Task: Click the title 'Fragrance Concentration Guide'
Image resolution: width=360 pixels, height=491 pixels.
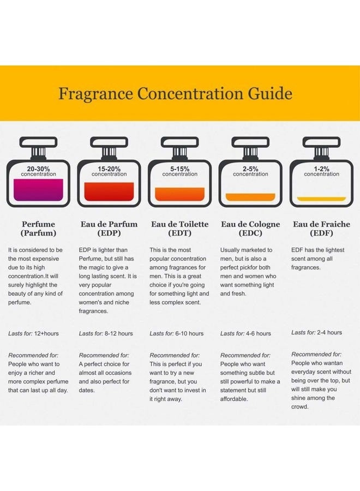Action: [175, 93]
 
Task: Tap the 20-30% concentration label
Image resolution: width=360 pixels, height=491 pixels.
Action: [38, 171]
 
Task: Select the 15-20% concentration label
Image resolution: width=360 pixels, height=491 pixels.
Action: [109, 171]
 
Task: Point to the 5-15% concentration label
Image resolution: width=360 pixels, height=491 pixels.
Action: [179, 171]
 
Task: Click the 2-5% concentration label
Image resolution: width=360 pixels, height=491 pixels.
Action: [250, 171]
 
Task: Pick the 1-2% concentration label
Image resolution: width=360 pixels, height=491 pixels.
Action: [321, 171]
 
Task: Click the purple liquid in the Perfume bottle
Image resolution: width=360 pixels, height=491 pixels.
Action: [38, 190]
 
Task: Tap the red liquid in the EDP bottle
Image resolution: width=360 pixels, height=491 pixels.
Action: [109, 191]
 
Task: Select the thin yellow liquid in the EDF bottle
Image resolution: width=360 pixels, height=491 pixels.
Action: [321, 199]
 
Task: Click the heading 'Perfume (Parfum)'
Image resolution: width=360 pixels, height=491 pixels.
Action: [38, 229]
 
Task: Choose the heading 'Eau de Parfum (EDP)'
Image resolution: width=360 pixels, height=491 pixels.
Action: [109, 229]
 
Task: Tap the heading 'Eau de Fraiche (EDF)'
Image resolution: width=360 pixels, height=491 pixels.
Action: [321, 229]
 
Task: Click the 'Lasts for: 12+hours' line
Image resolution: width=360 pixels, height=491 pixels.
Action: [33, 333]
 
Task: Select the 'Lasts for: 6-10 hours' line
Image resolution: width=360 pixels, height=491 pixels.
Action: [176, 333]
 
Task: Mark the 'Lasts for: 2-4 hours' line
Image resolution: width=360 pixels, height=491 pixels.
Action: [316, 332]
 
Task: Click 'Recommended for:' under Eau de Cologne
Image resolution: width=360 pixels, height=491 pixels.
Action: [245, 355]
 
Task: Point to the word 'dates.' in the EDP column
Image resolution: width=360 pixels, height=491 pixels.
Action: [87, 390]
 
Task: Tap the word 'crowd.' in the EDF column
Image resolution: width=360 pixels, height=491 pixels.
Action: [300, 406]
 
